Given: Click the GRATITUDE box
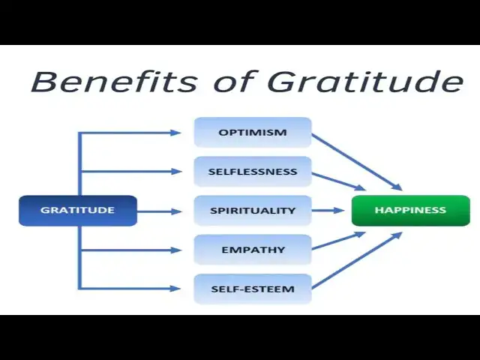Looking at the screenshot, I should pos(77,211).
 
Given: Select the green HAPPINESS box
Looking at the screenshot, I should pos(410,211).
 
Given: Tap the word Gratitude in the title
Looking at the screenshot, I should pos(365,81).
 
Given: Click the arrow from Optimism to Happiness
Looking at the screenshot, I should pos(356,162).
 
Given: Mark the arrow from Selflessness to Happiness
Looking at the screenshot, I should pos(339,181).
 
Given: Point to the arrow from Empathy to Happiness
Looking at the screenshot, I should pos(339,241).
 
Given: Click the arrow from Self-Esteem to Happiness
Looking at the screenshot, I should pos(356,259).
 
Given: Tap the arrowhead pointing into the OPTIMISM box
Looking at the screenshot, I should pos(176,133).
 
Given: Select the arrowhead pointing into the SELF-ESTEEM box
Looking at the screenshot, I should pos(176,289).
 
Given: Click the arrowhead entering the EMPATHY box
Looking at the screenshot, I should pos(176,250).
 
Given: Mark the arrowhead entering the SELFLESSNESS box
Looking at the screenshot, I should pos(176,172).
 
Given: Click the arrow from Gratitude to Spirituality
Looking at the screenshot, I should pos(159,211).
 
